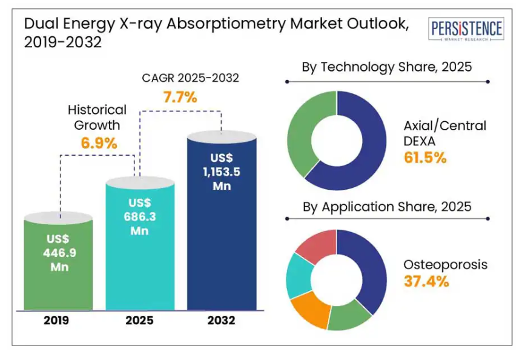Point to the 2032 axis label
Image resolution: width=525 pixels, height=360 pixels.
pyautogui.click(x=221, y=321)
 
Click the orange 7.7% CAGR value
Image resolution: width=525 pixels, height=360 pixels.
pyautogui.click(x=179, y=96)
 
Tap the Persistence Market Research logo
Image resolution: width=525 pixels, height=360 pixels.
pyautogui.click(x=466, y=30)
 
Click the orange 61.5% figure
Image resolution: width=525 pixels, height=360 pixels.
pyautogui.click(x=425, y=158)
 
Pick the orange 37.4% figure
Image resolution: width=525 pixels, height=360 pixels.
pyautogui.click(x=426, y=281)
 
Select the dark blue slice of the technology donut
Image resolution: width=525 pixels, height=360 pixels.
pyautogui.click(x=363, y=145)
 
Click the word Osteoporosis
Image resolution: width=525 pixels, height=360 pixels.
pyautogui.click(x=445, y=265)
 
